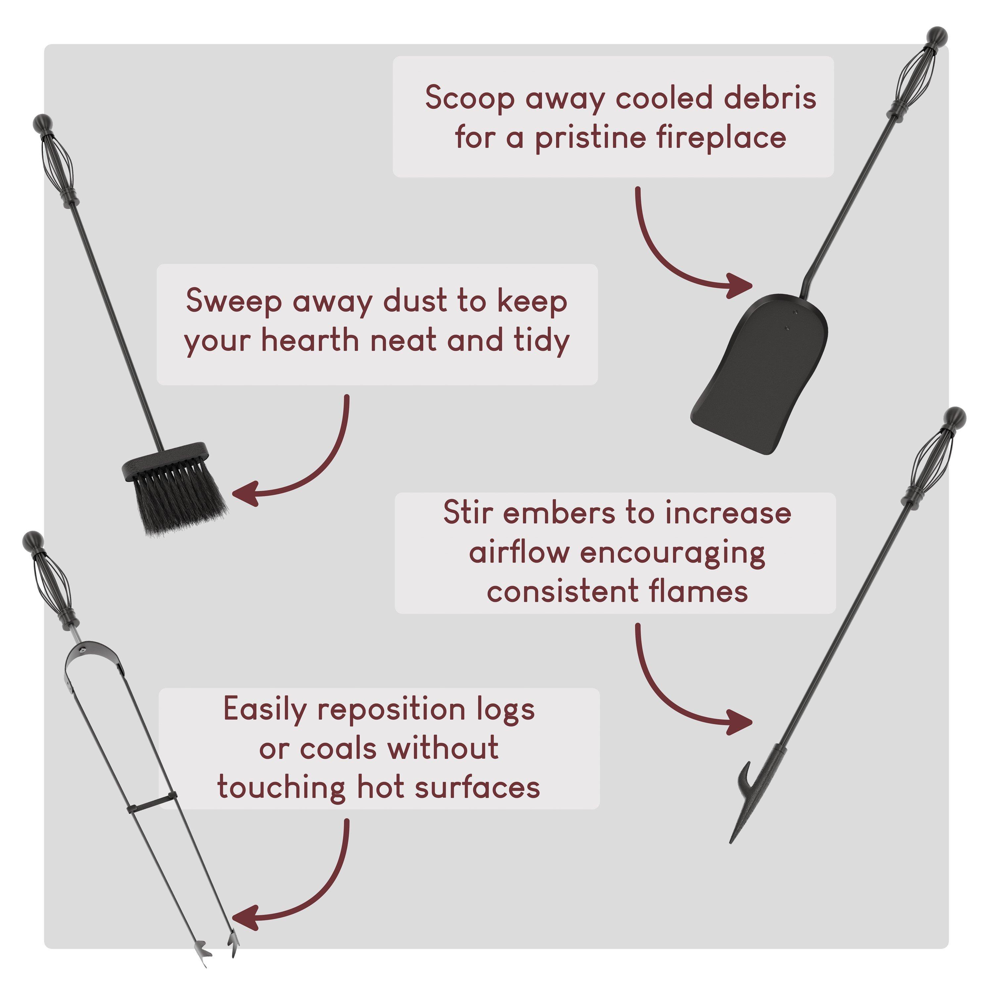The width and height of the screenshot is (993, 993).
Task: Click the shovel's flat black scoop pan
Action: coord(760,374)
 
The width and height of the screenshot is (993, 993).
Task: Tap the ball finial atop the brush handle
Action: coord(43,124)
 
